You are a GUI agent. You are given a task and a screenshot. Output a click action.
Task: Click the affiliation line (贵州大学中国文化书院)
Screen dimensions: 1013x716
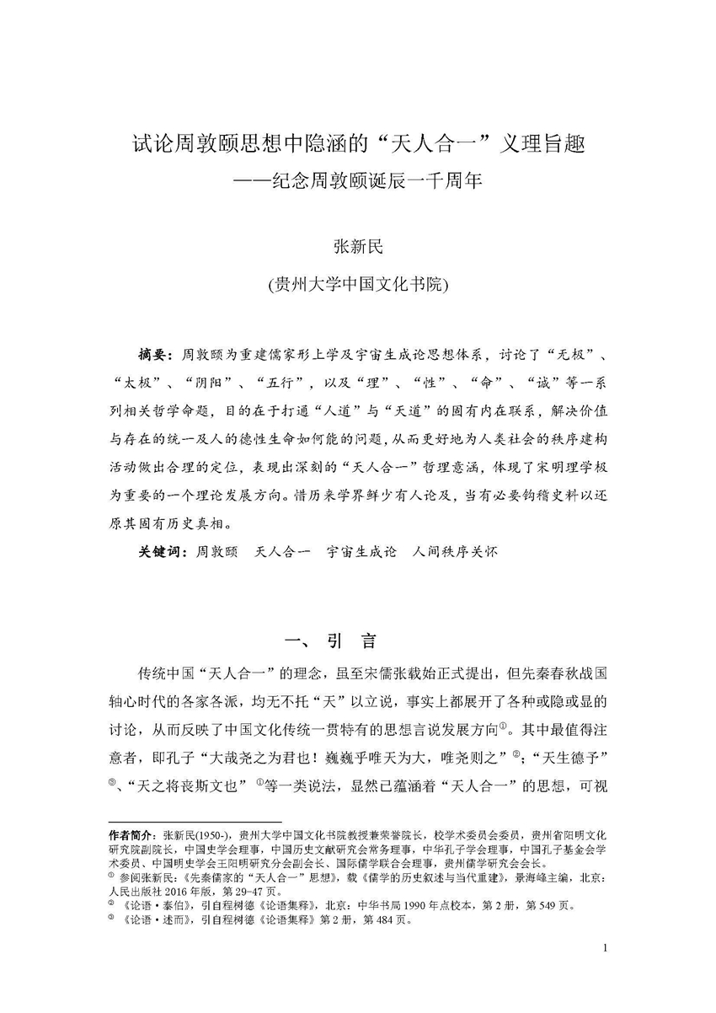click(358, 283)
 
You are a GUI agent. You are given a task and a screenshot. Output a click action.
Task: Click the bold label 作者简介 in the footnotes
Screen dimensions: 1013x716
click(133, 833)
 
